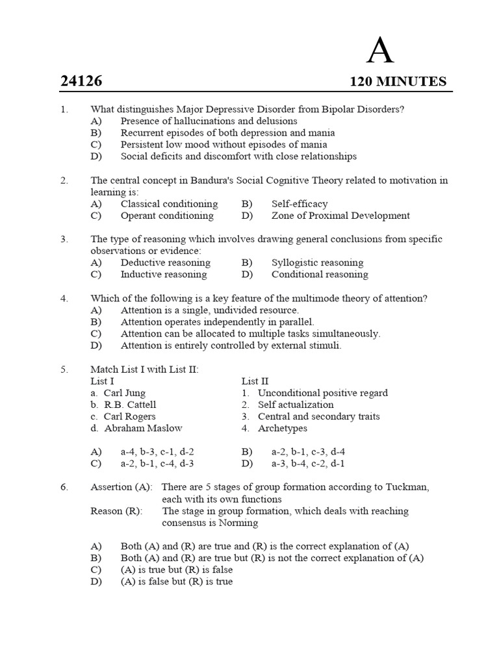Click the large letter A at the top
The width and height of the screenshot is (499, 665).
tap(380, 50)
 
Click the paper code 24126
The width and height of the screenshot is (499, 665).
tap(81, 81)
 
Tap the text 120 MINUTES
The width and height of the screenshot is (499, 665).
tap(398, 81)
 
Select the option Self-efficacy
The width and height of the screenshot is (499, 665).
tap(300, 204)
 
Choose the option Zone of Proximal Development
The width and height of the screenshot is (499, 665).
tap(340, 216)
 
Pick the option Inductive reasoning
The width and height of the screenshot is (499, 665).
tap(163, 274)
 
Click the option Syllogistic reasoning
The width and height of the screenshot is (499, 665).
tap(317, 262)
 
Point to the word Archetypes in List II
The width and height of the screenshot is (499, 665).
tap(282, 428)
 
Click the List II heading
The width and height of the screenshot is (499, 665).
tap(255, 381)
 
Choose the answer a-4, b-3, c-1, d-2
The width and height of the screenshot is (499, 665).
tap(157, 451)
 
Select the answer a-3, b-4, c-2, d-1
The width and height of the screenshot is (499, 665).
tap(308, 463)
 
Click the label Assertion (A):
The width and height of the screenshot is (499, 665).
tap(122, 487)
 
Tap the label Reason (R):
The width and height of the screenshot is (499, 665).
tap(116, 511)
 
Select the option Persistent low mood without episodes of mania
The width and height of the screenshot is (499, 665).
tap(224, 144)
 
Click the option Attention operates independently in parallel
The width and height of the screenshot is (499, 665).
tap(217, 321)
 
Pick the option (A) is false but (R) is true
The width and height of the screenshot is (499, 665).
tap(176, 581)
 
